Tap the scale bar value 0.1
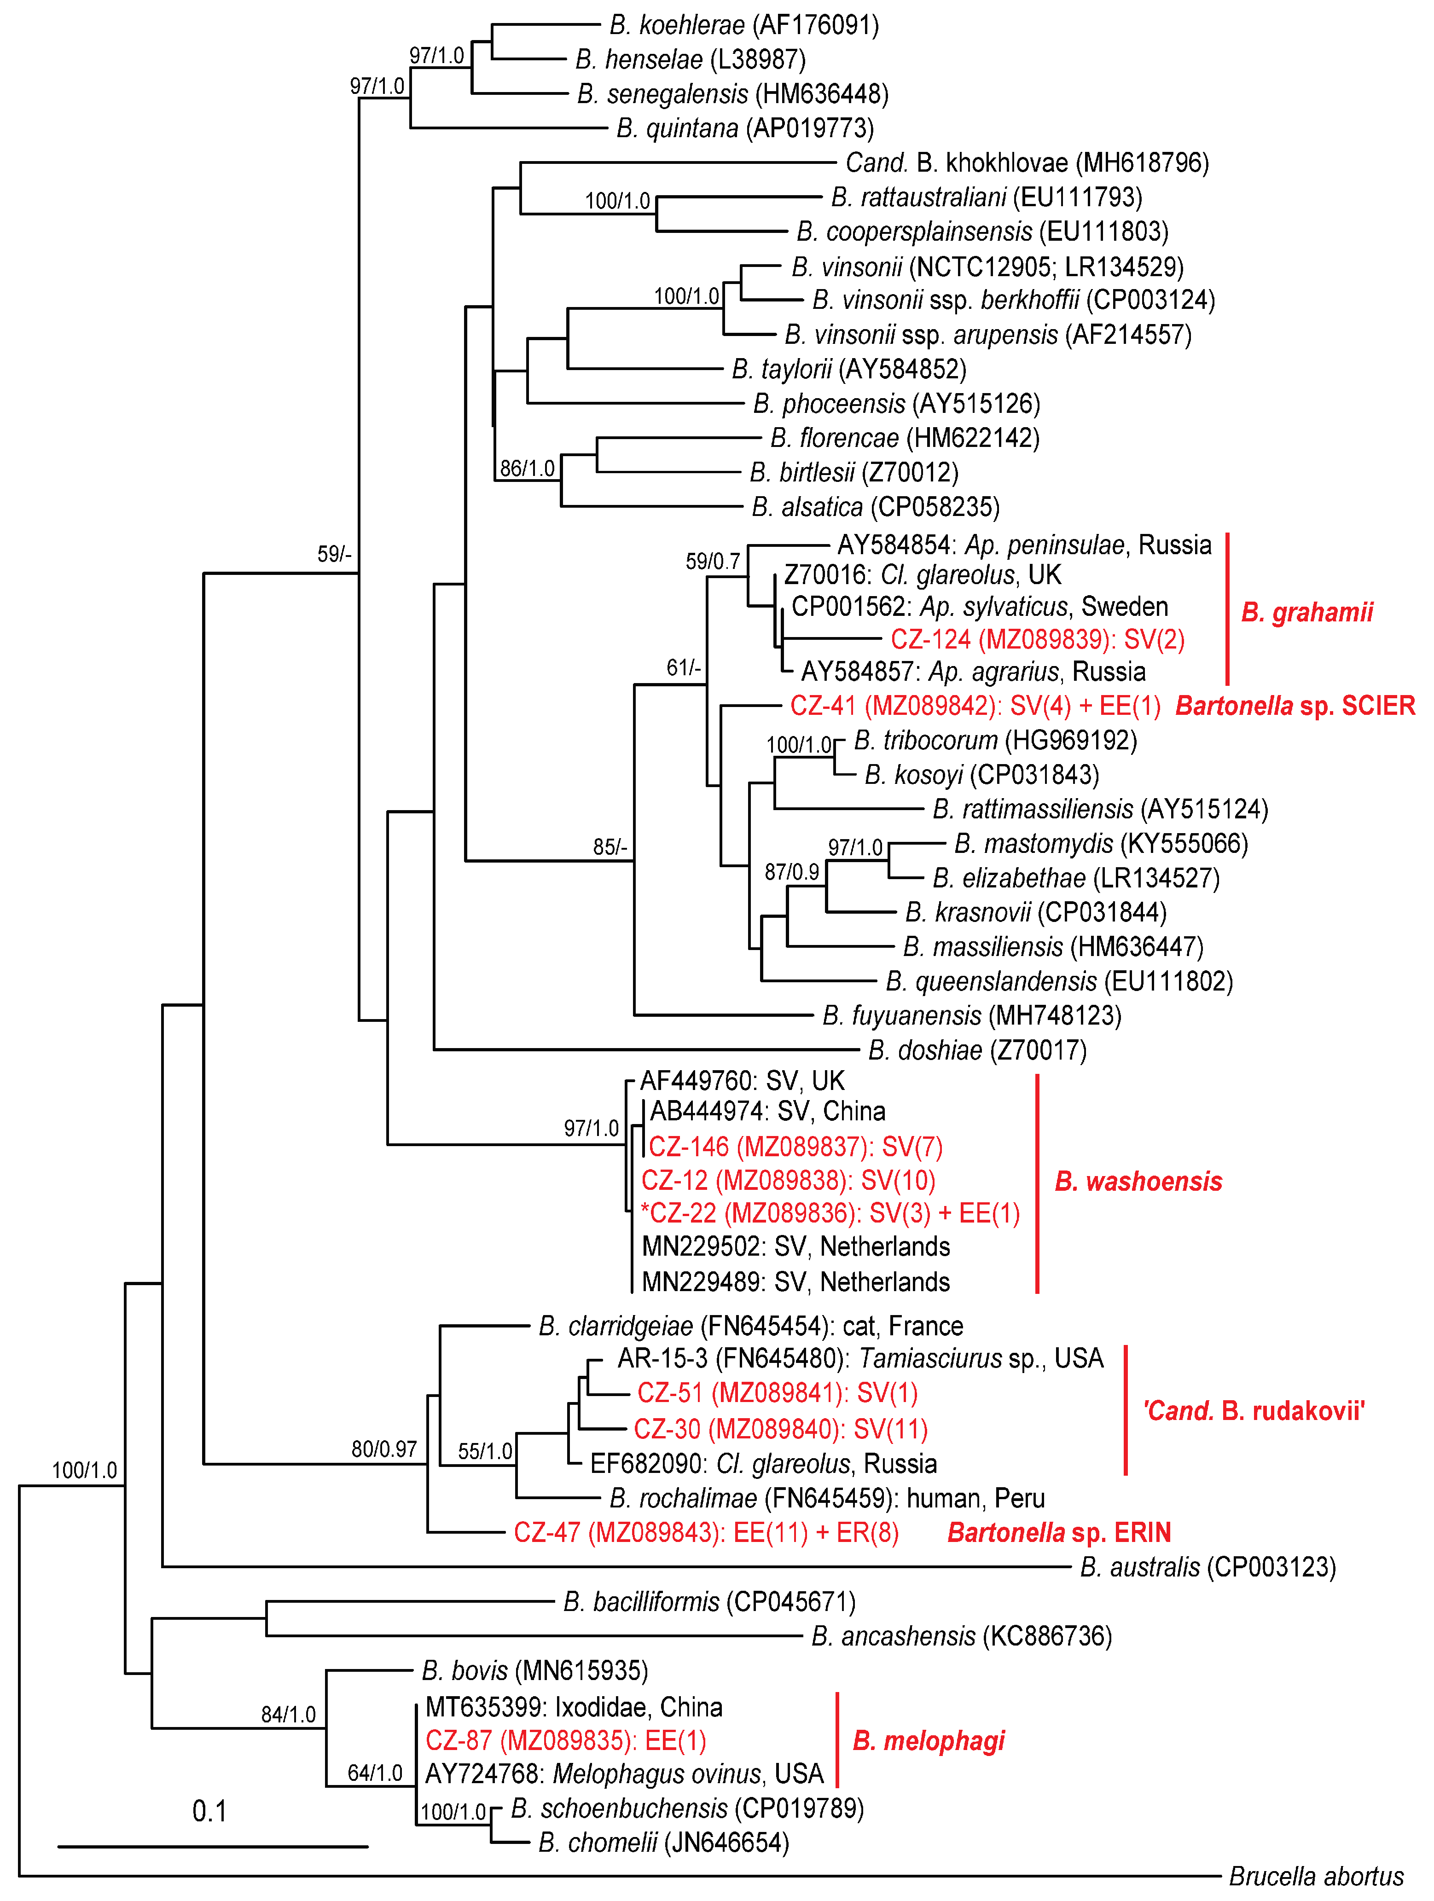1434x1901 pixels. point(210,1812)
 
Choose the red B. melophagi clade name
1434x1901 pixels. point(929,1741)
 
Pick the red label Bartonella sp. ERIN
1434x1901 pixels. point(1059,1532)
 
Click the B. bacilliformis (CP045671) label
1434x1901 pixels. point(709,1602)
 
